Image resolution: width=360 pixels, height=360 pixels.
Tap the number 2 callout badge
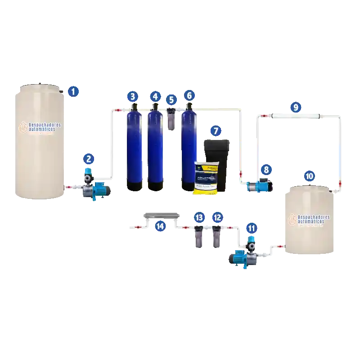[89, 158]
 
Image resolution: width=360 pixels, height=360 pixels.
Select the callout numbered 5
[171, 99]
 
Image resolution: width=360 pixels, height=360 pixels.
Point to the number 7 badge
[216, 131]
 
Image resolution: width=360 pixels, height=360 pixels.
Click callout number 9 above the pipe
[296, 107]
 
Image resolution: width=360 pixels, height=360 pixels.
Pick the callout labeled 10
[309, 176]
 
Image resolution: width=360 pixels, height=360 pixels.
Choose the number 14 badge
[160, 226]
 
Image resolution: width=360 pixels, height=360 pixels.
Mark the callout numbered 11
[251, 228]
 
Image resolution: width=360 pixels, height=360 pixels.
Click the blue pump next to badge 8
[257, 185]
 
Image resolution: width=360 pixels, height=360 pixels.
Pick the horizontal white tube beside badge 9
[295, 116]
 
